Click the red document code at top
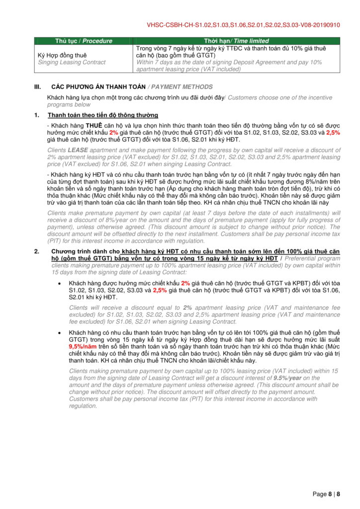click(244, 24)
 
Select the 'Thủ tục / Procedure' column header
click(84, 41)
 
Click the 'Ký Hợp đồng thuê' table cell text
click(62, 55)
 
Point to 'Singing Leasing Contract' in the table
click(72, 62)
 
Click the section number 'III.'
click(37, 86)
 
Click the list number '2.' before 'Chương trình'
click(37, 252)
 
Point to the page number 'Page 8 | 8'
click(326, 494)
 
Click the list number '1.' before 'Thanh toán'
click(37, 115)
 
